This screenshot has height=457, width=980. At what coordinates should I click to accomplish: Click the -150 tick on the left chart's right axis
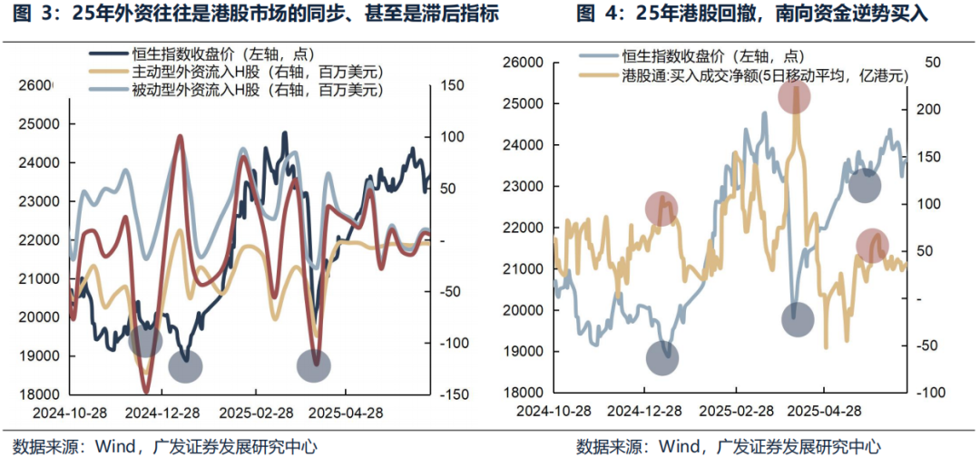point(454,394)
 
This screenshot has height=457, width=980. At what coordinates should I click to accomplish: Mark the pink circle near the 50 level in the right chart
point(872,246)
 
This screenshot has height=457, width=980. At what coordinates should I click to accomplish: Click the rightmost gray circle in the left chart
point(315,365)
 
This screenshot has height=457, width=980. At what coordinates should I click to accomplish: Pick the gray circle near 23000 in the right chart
point(864,187)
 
